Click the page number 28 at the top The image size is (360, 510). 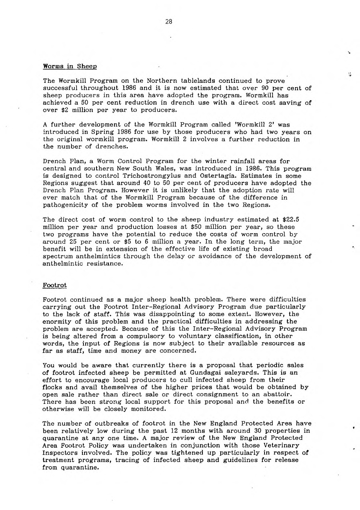pyautogui.click(x=168, y=21)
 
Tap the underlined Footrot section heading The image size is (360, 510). pyautogui.click(x=54, y=285)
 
